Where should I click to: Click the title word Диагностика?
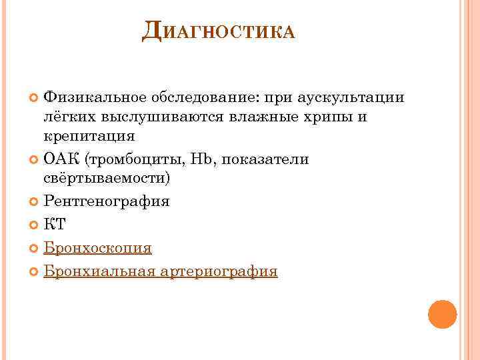point(218,30)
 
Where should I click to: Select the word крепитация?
point(89,136)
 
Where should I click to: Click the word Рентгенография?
point(107,202)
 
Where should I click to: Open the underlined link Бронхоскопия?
point(97,249)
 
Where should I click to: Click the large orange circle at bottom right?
point(442,314)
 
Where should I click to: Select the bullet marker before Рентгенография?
point(35,202)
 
